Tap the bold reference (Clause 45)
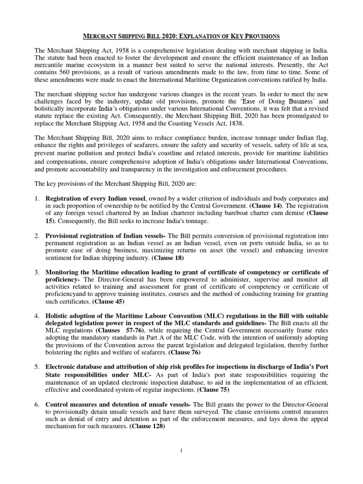[x=108, y=301]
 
